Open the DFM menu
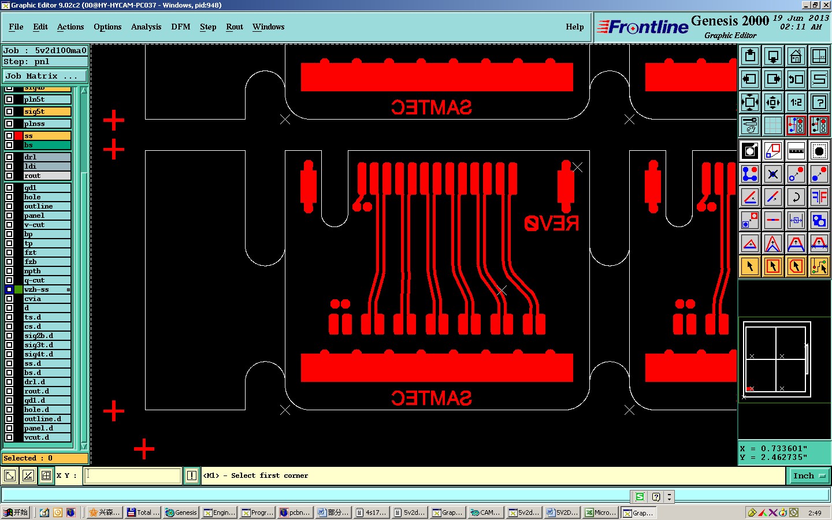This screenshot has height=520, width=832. coord(180,27)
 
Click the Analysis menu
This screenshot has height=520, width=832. coord(146,27)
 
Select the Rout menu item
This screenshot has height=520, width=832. coord(234,27)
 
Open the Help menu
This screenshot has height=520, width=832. coord(574,27)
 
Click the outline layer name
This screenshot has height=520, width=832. coord(38,206)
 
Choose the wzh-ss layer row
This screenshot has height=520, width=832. coord(36,289)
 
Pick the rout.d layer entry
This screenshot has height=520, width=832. coord(36,391)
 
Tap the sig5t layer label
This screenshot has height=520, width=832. coord(34,112)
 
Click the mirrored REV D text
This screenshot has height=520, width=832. coord(551,223)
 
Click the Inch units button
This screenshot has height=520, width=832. coord(808,476)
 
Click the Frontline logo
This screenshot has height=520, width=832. coord(642,27)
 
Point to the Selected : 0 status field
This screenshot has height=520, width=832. coord(45,458)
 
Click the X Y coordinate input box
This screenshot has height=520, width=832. coord(133,476)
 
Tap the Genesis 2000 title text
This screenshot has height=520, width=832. coord(730,21)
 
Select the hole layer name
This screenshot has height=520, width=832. coord(32,197)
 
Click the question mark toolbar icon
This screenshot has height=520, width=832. coord(819,102)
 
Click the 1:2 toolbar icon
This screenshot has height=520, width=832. coord(796,102)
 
